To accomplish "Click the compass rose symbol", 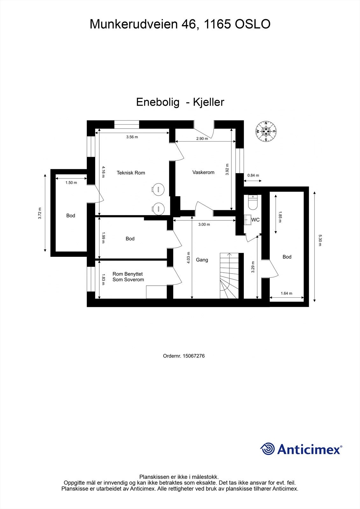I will (266, 131).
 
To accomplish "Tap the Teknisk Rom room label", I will (131, 173).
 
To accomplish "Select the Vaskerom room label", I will (203, 172).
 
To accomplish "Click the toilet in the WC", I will (252, 203).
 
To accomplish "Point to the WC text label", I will (256, 220).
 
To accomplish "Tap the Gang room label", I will (202, 260).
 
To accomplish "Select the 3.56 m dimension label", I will (132, 137).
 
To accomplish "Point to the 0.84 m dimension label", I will (253, 175).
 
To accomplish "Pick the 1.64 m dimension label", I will (286, 293).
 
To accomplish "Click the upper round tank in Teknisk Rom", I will (158, 189).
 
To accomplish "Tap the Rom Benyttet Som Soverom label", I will (128, 277).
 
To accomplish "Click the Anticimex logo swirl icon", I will (268, 449).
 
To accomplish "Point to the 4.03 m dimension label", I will (188, 258).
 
